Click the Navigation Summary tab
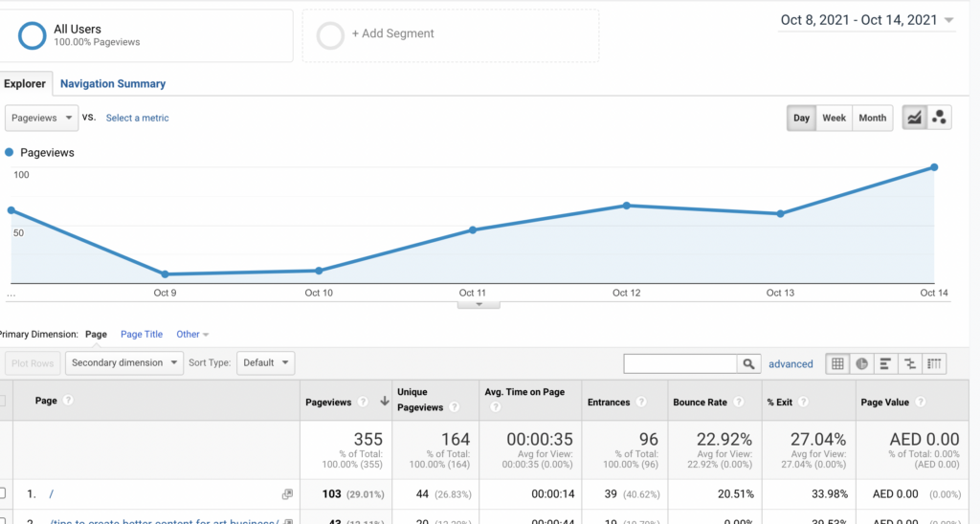point(113,84)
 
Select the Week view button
point(834,119)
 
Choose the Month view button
point(872,119)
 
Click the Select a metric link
point(137,119)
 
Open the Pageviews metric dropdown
point(42,119)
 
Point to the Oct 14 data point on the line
point(934,167)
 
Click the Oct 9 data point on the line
point(165,274)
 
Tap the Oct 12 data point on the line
point(627,206)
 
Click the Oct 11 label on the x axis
point(473,294)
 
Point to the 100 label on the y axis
point(21,175)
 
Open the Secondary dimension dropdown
point(124,363)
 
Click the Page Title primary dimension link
point(142,335)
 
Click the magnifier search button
point(748,364)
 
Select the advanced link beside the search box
point(791,364)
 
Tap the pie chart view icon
point(861,364)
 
